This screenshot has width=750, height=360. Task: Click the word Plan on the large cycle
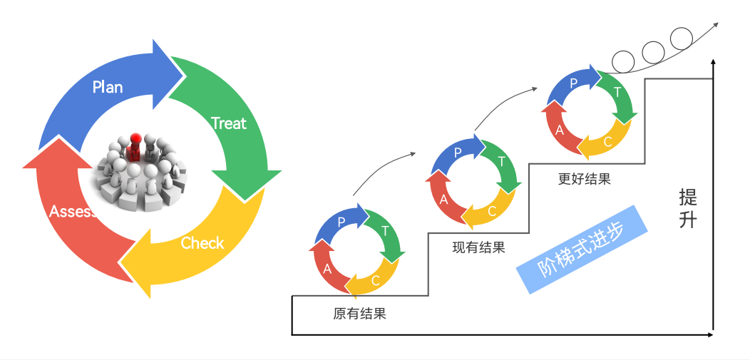(x=108, y=87)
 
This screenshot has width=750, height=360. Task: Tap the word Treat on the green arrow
(x=229, y=123)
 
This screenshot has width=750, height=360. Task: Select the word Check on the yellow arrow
(x=202, y=243)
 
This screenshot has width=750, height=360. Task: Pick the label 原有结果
(x=359, y=313)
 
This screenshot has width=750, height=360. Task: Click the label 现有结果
(x=478, y=248)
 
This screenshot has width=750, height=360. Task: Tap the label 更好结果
(x=584, y=179)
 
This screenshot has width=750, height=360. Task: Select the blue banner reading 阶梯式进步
(x=581, y=250)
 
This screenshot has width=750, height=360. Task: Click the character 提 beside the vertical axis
(x=688, y=196)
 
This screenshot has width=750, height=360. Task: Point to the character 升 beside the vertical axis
(x=688, y=220)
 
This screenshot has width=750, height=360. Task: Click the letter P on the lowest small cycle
(x=341, y=222)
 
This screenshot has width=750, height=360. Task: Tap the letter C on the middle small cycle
(x=492, y=211)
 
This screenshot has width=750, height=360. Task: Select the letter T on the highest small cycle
(x=617, y=92)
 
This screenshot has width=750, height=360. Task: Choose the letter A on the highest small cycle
(x=560, y=130)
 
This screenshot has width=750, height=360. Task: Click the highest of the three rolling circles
(x=682, y=38)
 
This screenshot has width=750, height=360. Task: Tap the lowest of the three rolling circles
(x=624, y=63)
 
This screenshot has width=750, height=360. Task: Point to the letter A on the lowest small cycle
(x=327, y=269)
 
